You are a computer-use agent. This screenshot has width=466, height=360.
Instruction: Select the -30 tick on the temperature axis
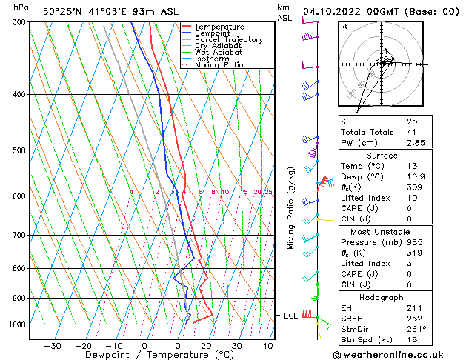[x=52, y=346]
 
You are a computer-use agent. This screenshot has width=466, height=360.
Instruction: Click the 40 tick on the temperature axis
[x=267, y=346]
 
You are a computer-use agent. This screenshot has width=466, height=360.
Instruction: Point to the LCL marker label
[x=291, y=316]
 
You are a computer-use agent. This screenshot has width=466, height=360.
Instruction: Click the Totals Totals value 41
[x=411, y=132]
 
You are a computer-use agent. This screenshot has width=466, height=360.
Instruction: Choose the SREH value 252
[x=413, y=318]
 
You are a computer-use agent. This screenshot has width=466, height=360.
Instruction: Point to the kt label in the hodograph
[x=344, y=27]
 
